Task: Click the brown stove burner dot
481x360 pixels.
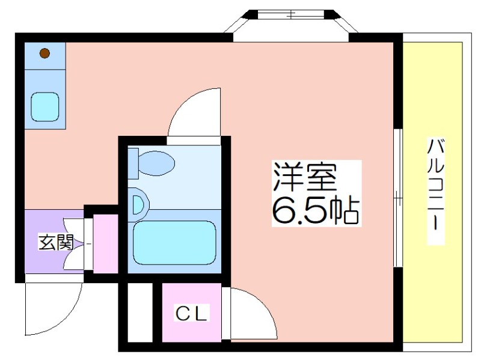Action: click(44, 53)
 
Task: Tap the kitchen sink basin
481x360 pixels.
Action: click(44, 107)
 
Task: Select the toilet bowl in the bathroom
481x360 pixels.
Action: click(156, 163)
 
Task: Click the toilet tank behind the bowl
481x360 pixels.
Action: click(133, 163)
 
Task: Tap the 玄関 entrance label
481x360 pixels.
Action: click(56, 242)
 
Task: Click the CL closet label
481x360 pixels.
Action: click(191, 313)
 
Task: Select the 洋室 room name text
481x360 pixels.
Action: click(305, 177)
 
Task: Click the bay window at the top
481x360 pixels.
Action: click(291, 22)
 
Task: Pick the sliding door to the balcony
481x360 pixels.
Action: click(398, 198)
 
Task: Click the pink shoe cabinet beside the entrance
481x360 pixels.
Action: click(106, 243)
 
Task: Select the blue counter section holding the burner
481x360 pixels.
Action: click(44, 56)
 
